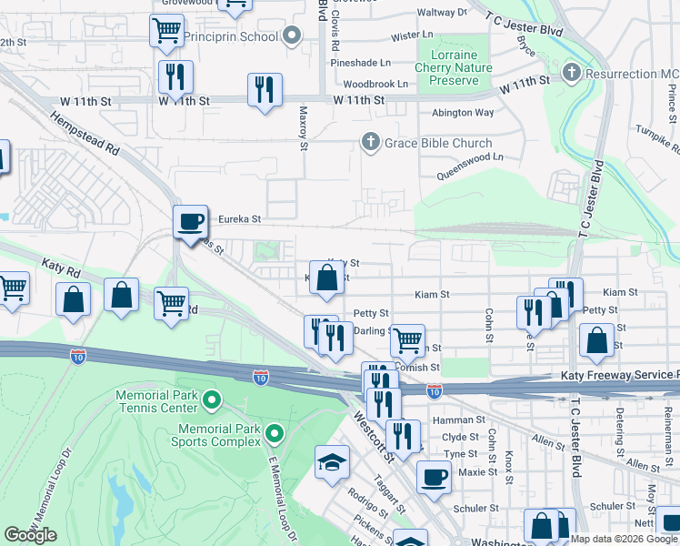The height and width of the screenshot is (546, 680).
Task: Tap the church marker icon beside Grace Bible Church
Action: point(370,142)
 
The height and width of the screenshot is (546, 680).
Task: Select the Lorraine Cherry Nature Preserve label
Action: point(453,67)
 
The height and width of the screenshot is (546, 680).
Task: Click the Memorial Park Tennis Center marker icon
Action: point(212,399)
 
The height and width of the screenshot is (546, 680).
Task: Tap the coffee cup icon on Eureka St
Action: point(191,222)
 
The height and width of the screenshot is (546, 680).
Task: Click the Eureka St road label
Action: point(239,219)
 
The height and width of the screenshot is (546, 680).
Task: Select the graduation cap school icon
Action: point(332,462)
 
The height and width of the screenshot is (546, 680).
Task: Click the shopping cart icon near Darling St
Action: point(408,340)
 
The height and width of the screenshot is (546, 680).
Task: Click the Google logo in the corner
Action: point(30,534)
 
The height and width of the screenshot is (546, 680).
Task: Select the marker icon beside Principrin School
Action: point(292,37)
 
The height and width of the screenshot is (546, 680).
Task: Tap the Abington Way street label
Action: point(463,113)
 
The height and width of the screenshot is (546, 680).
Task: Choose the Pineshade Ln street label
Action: point(361,63)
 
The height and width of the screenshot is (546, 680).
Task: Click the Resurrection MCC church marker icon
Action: point(572,72)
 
